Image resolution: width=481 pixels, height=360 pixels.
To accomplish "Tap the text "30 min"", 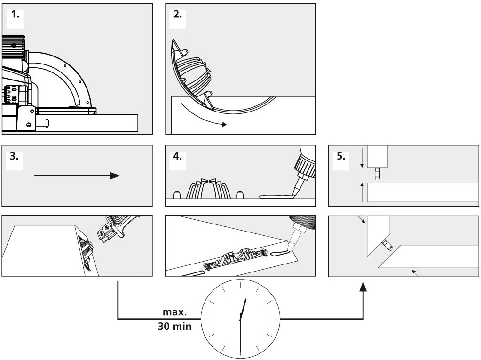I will click(x=174, y=327).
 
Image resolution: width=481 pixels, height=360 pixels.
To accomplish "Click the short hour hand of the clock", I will click(x=243, y=310).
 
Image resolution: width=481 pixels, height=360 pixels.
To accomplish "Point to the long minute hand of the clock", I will click(x=241, y=337).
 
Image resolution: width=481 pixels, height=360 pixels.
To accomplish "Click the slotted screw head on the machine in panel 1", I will click(x=29, y=125).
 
